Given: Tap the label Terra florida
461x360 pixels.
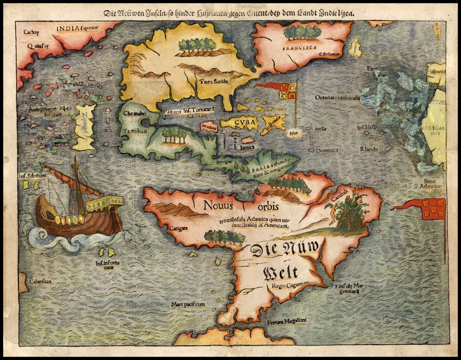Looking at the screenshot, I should [214, 81].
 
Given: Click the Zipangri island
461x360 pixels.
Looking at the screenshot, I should [84, 127].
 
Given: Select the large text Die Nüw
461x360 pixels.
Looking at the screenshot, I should [285, 249].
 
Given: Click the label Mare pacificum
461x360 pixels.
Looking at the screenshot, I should [188, 305].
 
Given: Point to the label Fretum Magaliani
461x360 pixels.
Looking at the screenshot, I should [287, 321].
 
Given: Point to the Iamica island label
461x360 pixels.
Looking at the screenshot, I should [247, 147].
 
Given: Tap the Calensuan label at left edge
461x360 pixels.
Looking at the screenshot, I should [40, 281].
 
